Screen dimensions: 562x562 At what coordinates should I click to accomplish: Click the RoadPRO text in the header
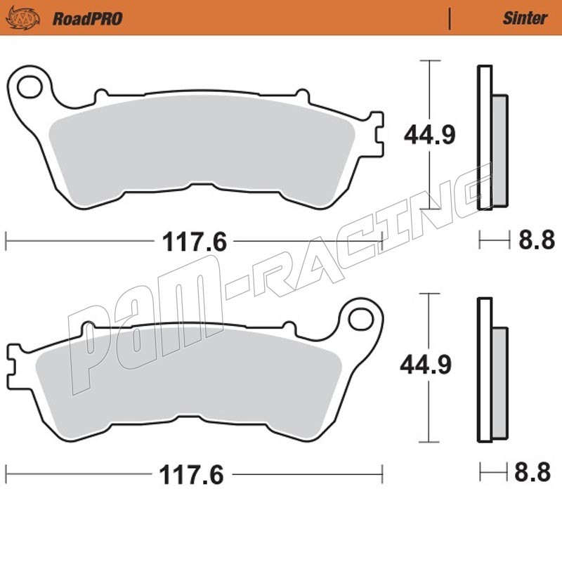tap(87, 19)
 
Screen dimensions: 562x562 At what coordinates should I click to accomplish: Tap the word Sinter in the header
tap(525, 18)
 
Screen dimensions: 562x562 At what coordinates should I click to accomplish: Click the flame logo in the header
tap(22, 18)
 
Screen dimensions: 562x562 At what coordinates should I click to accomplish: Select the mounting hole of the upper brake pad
tap(30, 86)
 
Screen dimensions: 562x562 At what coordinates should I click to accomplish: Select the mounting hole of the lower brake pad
tap(361, 319)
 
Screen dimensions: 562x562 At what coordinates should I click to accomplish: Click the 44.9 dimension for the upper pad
tap(429, 135)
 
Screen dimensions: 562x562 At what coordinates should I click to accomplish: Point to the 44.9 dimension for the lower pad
tap(426, 365)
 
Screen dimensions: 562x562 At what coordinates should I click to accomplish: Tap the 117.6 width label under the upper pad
tap(195, 242)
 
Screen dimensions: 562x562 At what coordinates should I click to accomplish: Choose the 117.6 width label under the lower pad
tap(191, 475)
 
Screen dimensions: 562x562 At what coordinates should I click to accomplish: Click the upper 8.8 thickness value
tap(537, 240)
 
